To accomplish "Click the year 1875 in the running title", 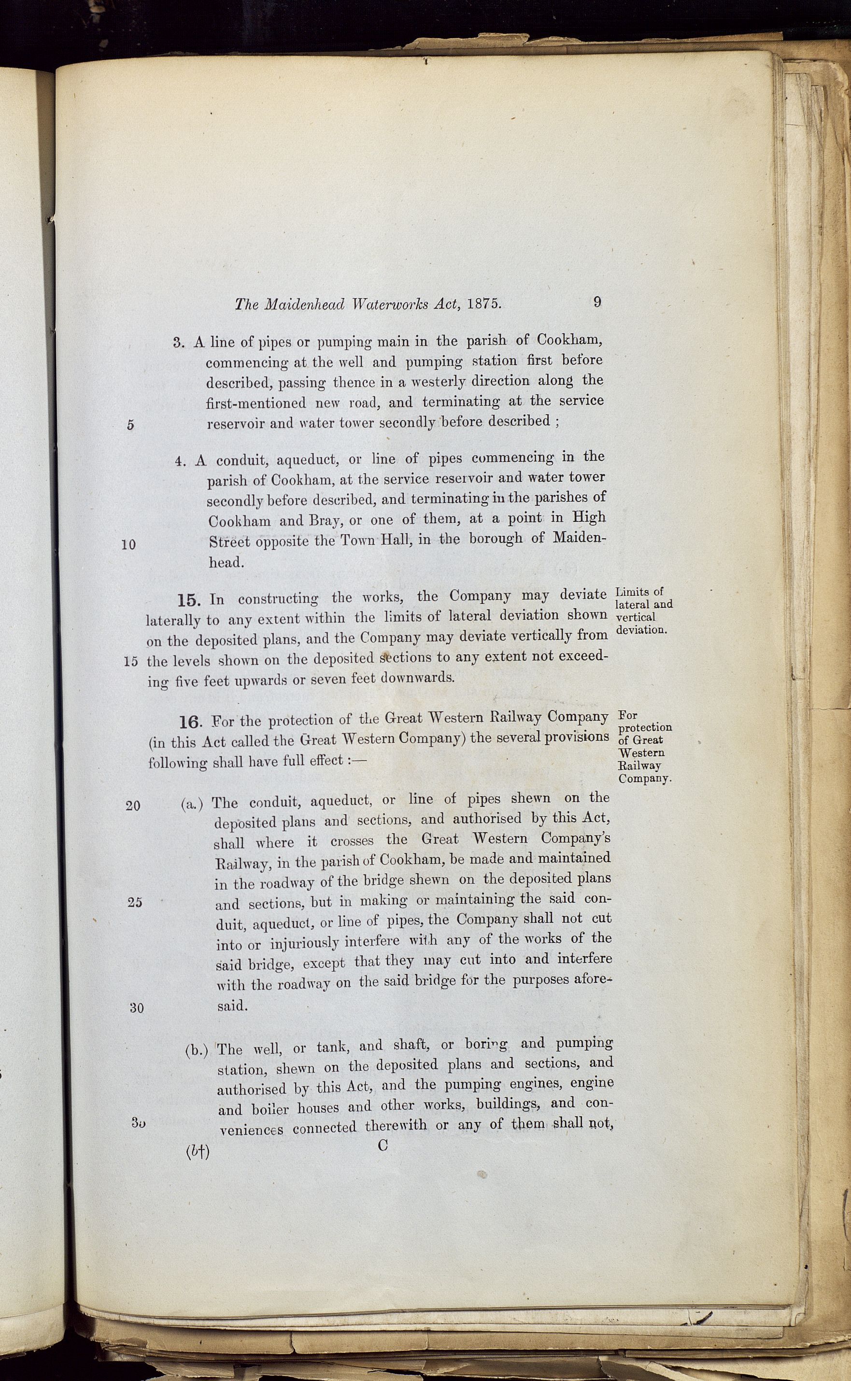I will click(x=483, y=304).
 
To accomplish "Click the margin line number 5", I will click(x=130, y=425).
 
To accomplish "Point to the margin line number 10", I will click(x=128, y=545).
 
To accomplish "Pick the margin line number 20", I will click(x=133, y=806).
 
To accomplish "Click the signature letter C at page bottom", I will click(x=383, y=1145).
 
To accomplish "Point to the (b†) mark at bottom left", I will click(x=197, y=1152).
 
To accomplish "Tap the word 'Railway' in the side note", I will click(x=639, y=766).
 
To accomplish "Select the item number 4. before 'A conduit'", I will click(x=180, y=461).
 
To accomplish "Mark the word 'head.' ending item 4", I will click(x=226, y=562).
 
